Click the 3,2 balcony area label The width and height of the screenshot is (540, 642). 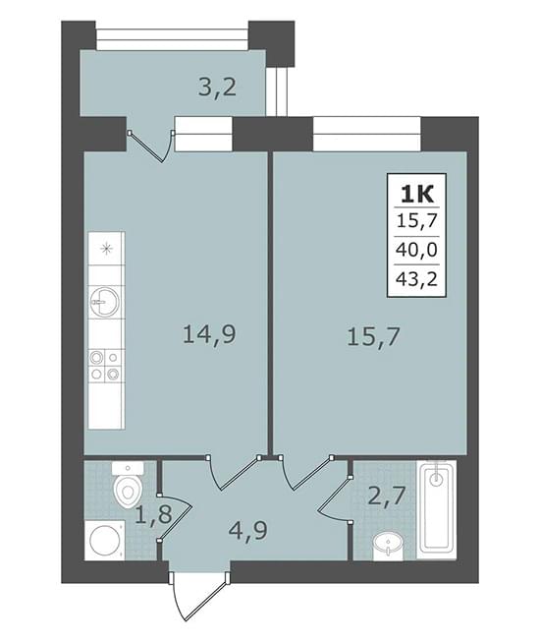pos(217,88)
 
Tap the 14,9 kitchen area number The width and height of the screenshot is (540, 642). pos(209,333)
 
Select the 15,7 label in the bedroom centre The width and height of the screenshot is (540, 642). pos(372,338)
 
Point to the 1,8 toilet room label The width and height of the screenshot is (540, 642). pos(153,514)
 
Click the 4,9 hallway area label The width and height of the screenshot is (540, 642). pos(248,531)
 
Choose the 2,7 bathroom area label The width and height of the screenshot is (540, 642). pos(386,496)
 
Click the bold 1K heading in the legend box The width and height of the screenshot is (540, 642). pos(416,194)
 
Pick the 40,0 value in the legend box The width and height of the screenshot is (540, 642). pos(416,250)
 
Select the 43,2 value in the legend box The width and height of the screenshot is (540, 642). pos(416,279)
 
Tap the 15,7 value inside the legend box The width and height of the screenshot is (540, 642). pos(416,221)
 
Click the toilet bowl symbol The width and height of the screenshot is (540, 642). pos(128,484)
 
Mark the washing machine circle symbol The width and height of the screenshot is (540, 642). pos(104,540)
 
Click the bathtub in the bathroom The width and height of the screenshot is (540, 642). pos(437,509)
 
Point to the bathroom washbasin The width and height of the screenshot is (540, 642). pos(388,546)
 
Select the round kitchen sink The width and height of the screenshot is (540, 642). pos(105,303)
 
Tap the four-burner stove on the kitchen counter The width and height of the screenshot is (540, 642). pos(106,365)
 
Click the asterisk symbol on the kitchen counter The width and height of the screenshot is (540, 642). pos(106,249)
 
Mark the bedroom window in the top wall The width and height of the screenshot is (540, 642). pos(366,134)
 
